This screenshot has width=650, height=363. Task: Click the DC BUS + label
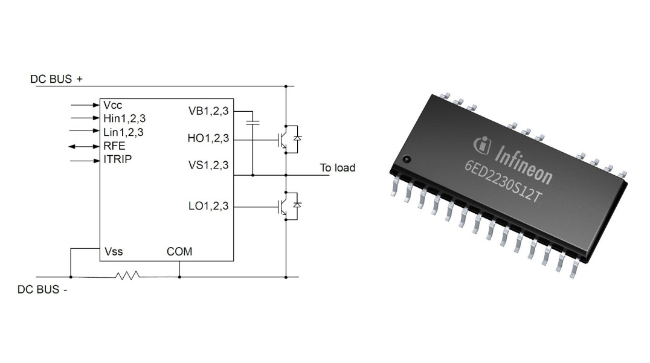pos(59,79)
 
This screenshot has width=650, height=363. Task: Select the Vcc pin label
pos(113,105)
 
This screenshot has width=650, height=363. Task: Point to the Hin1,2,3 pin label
pos(124,118)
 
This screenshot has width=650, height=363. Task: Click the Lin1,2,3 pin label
pos(123,132)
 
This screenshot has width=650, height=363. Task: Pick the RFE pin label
pos(114,146)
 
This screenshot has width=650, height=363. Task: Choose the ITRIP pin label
pos(117,159)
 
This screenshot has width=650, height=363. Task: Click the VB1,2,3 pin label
pos(208,111)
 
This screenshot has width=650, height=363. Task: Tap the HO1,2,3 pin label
pos(208,138)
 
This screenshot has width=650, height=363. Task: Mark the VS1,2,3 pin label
pos(208,165)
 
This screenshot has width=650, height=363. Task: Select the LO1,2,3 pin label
pos(208,207)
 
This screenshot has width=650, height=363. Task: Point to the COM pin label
pos(179,251)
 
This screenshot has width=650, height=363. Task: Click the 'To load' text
pos(337,168)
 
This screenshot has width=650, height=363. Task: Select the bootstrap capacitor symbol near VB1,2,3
pos(253,123)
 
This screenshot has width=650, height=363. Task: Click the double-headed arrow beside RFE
pos(80,147)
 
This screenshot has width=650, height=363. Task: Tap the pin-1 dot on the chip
pos(406,159)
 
